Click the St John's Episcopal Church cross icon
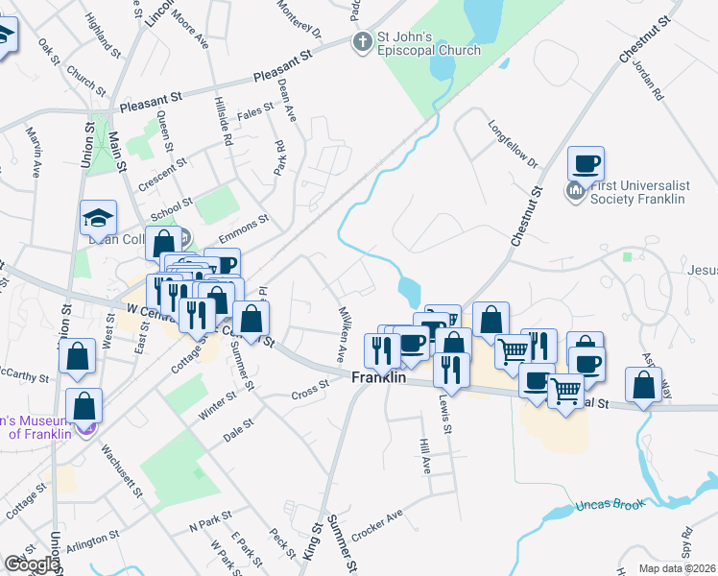coord(362,41)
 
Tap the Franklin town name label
coord(378,378)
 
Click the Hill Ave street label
coord(424,456)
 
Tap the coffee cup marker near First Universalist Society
coord(585,164)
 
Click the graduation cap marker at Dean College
coord(98,218)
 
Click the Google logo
coord(31,564)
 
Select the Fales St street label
coord(255,112)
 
